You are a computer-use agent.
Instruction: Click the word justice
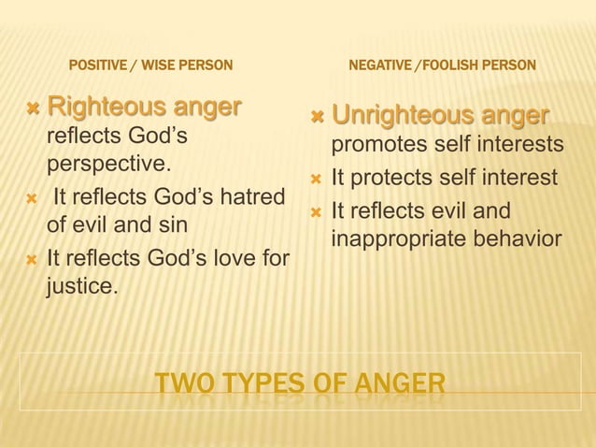click(x=80, y=284)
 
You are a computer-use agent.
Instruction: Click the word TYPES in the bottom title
click(x=260, y=384)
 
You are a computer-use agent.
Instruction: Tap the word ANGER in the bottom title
click(x=399, y=384)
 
